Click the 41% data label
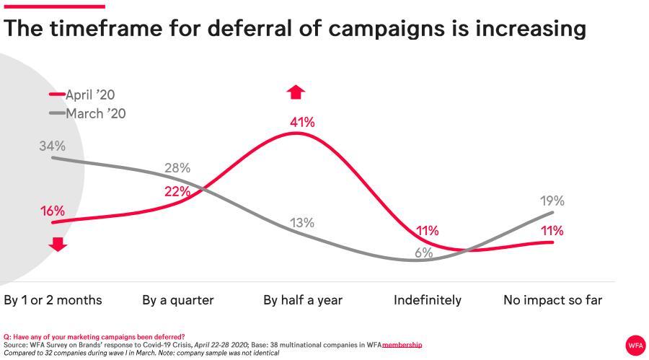pyautogui.click(x=302, y=123)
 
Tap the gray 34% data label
pyautogui.click(x=52, y=146)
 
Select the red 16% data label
pyautogui.click(x=52, y=211)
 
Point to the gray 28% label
pyautogui.click(x=177, y=168)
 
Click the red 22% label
pyautogui.click(x=177, y=191)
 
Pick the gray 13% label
pyautogui.click(x=302, y=223)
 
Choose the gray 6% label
pyautogui.click(x=423, y=253)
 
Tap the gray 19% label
pyautogui.click(x=552, y=201)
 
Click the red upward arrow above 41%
pyautogui.click(x=296, y=92)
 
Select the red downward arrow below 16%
pyautogui.click(x=58, y=245)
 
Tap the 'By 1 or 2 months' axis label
pyautogui.click(x=53, y=300)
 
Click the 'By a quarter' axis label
pyautogui.click(x=177, y=300)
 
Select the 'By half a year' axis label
pyautogui.click(x=303, y=300)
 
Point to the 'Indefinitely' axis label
pyautogui.click(x=427, y=300)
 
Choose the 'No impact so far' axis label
pyautogui.click(x=552, y=300)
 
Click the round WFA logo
pyautogui.click(x=635, y=345)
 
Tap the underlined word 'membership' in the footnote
pyautogui.click(x=402, y=345)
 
